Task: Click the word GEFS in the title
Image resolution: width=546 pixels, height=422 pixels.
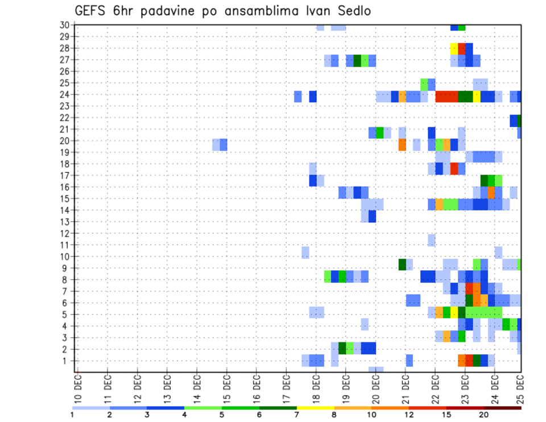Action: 92,11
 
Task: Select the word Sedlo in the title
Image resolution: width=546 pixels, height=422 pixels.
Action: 352,11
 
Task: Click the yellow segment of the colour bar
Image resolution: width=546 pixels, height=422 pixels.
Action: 315,408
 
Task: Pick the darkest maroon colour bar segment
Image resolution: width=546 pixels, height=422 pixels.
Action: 503,408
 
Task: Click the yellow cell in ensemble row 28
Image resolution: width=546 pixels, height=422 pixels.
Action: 454,48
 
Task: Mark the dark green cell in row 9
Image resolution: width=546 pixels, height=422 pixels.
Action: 402,264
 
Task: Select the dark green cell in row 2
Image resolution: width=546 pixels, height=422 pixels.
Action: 342,347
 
